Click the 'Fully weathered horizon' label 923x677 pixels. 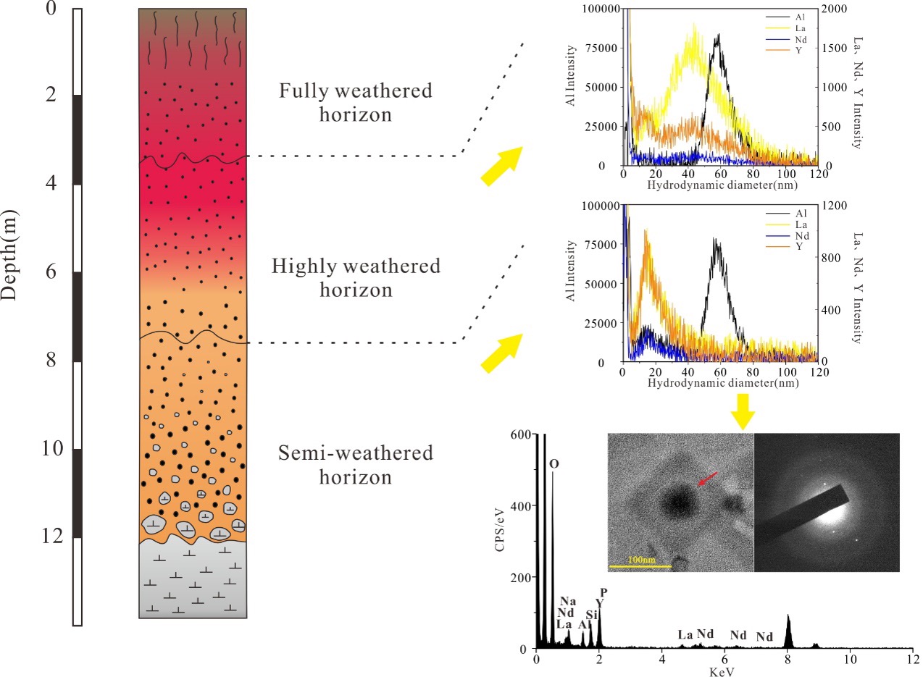click(356, 102)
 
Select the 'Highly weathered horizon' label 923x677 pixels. click(356, 277)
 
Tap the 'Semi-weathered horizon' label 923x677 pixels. click(356, 465)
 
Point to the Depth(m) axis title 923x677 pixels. click(9, 255)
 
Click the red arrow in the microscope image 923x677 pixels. click(708, 479)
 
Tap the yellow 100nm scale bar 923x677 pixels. click(640, 565)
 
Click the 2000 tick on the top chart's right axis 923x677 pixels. click(836, 9)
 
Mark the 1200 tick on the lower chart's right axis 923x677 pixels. click(836, 206)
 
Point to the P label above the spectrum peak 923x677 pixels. click(604, 592)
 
